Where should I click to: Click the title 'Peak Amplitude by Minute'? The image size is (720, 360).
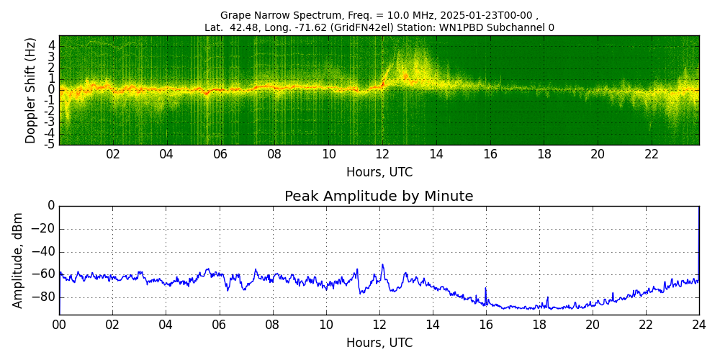pos(379,197)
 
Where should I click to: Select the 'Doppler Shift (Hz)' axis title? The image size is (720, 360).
pos(30,90)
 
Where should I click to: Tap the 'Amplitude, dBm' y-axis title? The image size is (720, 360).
pos(19,260)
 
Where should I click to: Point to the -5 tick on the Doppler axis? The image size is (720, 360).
pos(50,144)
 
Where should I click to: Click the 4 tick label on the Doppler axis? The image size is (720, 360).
pos(52,45)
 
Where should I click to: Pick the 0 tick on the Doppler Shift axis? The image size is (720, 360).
pos(52,90)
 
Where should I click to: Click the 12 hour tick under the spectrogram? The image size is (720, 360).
pos(382,154)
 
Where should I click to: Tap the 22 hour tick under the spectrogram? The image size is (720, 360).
pos(652,154)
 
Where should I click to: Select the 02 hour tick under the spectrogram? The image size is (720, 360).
pos(113,154)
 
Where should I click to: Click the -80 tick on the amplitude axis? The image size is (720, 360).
pos(43,297)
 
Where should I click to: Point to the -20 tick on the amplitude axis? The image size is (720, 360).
pos(43,229)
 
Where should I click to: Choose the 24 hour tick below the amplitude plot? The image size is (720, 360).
pos(698,325)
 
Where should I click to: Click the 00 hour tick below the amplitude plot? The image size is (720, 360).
pos(59,325)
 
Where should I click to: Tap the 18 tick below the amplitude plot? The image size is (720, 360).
pos(539,325)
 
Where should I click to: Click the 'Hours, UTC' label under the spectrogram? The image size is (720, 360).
pos(379,172)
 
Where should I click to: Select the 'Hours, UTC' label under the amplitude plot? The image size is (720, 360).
pos(379,343)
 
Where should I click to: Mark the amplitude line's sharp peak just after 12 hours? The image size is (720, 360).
pos(382,265)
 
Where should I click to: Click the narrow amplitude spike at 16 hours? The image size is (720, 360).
pos(485,288)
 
